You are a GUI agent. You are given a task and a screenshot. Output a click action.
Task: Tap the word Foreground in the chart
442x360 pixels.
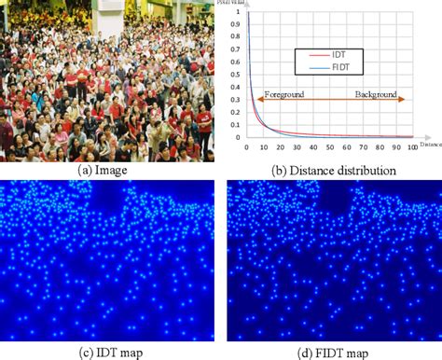[x=282, y=95]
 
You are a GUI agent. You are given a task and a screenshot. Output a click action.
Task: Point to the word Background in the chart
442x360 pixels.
[x=377, y=95]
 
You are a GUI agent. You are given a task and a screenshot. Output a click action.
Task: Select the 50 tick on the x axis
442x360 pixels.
[x=330, y=147]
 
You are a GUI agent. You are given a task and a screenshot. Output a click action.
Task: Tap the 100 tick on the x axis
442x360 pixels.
[x=412, y=147]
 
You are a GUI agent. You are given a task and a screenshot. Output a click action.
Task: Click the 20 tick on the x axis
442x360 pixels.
[x=281, y=147]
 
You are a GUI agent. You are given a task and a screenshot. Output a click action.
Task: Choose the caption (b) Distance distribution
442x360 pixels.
[x=334, y=171]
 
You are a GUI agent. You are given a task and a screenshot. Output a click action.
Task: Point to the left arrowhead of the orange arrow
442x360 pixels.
[x=252, y=100]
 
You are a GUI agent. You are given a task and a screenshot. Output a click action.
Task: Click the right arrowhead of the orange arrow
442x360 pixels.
[x=407, y=100]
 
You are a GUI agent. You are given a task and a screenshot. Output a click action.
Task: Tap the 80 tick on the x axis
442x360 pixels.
[x=380, y=147]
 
